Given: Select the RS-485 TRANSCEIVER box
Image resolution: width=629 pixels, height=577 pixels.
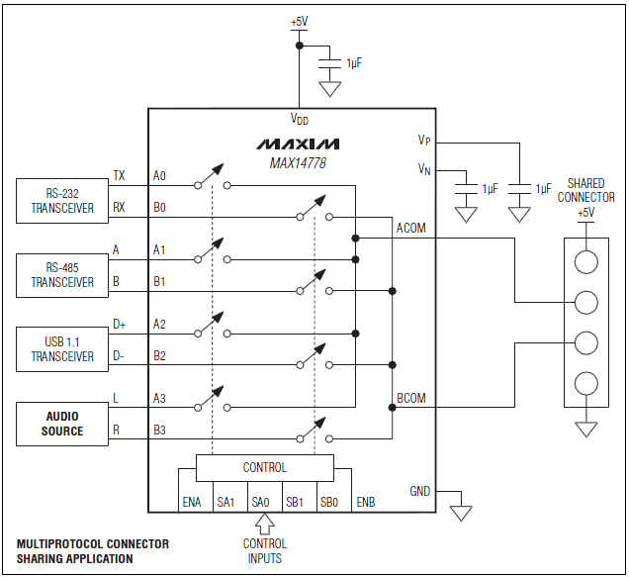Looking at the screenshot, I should coord(62,275).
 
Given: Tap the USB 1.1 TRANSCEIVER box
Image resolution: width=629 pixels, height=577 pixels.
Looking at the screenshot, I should coord(62,349).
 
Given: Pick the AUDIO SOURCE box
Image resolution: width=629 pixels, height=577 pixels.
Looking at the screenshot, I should coord(62,424).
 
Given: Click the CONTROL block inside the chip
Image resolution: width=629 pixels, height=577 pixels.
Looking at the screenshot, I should coord(264,467).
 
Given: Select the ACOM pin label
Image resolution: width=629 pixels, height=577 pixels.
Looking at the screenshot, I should coord(410,228).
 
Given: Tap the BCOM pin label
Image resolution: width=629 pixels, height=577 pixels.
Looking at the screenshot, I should coord(410,398).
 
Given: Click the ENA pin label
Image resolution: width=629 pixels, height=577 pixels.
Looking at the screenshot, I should coord(191,502).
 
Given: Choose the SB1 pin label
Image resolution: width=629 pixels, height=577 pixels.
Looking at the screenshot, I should coord(294,502).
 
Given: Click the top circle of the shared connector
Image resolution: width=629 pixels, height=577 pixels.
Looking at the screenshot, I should coord(586,260).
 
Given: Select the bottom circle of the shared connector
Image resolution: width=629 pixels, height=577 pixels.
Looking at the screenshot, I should coord(586,384).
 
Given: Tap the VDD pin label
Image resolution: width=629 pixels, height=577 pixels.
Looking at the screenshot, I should coord(299,119).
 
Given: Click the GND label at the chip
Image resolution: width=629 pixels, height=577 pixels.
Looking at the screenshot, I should coord(420,491).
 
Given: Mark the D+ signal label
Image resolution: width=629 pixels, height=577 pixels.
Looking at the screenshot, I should coord(120,324).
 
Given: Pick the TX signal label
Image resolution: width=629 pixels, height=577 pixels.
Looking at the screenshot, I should coord(119,175).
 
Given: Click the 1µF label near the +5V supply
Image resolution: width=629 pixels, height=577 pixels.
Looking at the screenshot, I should coord(353,63).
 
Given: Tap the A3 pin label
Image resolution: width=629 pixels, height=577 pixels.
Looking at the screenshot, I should coord(160,398).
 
